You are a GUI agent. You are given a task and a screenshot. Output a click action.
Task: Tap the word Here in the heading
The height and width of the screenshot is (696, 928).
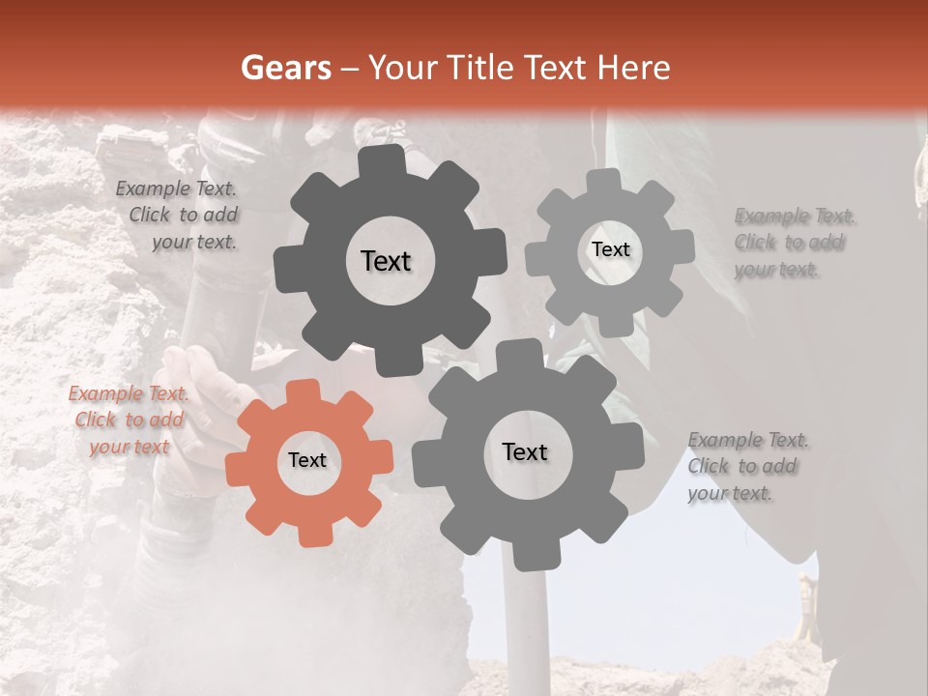coord(635,68)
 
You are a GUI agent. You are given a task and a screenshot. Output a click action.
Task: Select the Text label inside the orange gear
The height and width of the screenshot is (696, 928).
coord(307,461)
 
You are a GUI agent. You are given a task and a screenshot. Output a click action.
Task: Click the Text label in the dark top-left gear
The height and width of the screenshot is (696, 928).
coord(386,261)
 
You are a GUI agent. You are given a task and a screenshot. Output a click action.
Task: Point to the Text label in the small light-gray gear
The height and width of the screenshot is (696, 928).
coord(610,249)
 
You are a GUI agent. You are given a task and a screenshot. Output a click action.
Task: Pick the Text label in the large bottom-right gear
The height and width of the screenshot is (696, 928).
coord(525,451)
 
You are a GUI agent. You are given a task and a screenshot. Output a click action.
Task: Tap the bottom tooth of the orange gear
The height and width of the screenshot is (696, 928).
coord(309,532)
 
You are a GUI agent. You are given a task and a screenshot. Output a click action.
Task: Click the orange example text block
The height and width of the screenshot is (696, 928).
coord(129,420)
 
